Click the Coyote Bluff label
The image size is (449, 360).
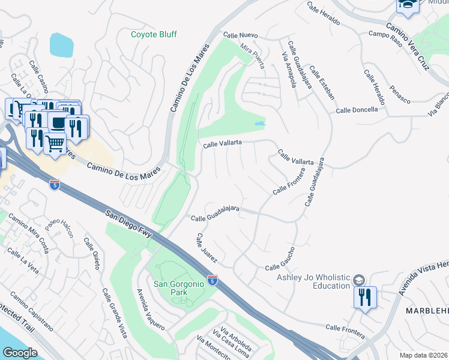pyautogui.click(x=154, y=34)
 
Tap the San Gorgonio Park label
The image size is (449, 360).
pyautogui.click(x=179, y=288)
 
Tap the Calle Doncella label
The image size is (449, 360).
pyautogui.click(x=357, y=110)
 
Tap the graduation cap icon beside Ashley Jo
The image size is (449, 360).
pyautogui.click(x=358, y=280)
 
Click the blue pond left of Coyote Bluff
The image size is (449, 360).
pyautogui.click(x=60, y=43)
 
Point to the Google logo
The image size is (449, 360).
pyautogui.click(x=20, y=353)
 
